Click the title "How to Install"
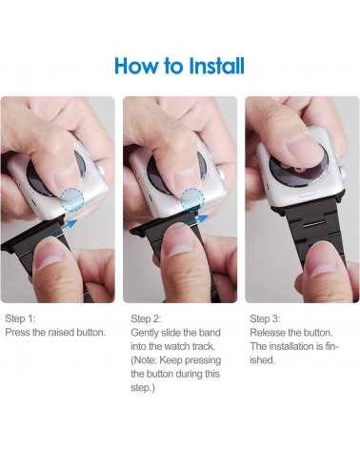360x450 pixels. click(179, 66)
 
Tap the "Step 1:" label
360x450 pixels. click(20, 318)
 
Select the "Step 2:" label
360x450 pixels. click(146, 318)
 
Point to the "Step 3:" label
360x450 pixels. click(265, 318)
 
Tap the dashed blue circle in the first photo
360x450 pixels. click(72, 199)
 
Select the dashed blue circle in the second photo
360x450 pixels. click(192, 199)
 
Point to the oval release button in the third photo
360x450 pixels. click(309, 194)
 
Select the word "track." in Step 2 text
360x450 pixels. click(204, 346)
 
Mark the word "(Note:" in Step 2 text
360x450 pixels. click(144, 360)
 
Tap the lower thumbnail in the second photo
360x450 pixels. click(180, 244)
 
